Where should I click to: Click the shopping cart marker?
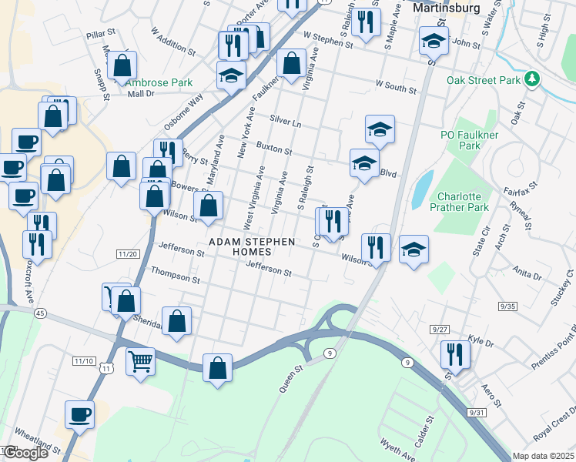140,360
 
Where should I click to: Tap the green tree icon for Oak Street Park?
531,79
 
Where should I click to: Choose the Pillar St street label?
100,34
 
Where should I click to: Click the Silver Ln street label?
285,122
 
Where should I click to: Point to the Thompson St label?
175,272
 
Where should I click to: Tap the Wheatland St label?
37,442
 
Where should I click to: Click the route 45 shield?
40,313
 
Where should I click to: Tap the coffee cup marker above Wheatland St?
79,415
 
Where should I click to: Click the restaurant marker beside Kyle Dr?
454,354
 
